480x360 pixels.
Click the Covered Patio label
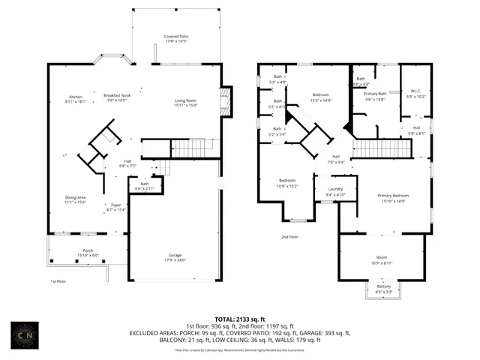pyautogui.click(x=176, y=38)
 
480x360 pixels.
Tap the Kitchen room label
pyautogui.click(x=76, y=97)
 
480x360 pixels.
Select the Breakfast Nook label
pyautogui.click(x=117, y=97)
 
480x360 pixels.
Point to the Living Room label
pyautogui.click(x=185, y=102)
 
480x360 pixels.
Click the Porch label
pyautogui.click(x=88, y=253)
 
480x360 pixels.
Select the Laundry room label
pyautogui.click(x=335, y=191)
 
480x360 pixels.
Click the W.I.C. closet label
pyautogui.click(x=415, y=94)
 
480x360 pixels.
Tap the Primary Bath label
pyautogui.click(x=375, y=96)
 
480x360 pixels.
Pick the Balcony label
pyautogui.click(x=383, y=288)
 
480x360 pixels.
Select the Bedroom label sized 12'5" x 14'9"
pyautogui.click(x=321, y=97)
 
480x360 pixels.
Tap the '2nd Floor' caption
pyautogui.click(x=289, y=237)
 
